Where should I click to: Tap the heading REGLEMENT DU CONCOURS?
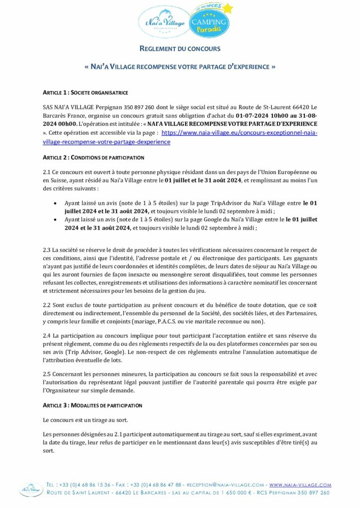(x=180, y=49)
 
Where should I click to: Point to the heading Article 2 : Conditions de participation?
(x=93, y=158)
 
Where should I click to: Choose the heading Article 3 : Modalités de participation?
(x=92, y=405)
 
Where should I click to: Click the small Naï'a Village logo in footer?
(x=30, y=490)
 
